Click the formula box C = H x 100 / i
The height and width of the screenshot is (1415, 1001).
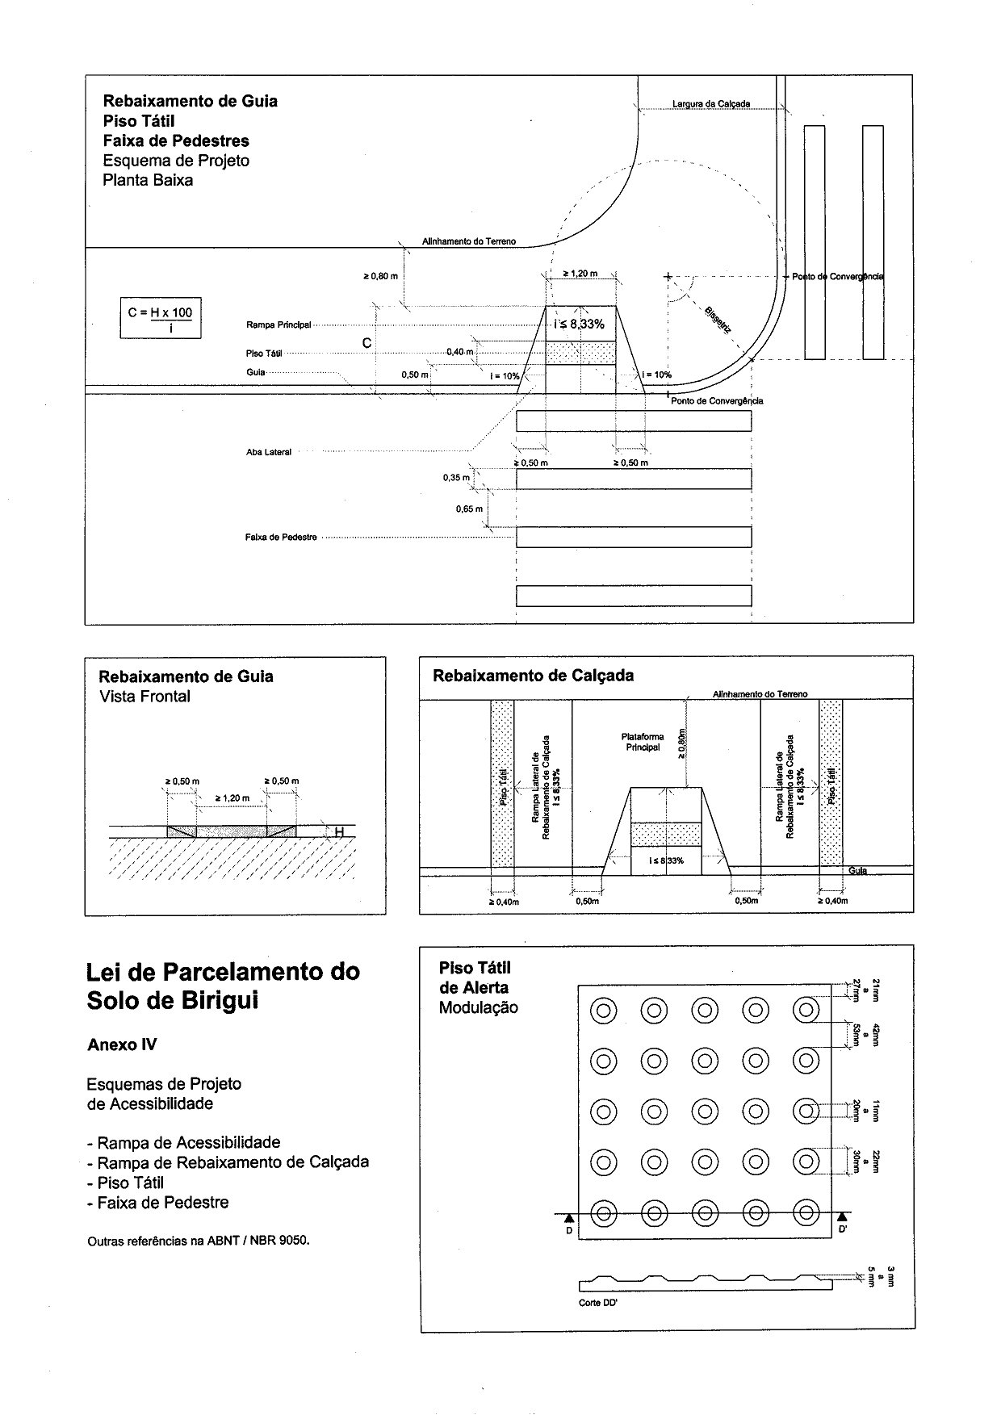tap(160, 319)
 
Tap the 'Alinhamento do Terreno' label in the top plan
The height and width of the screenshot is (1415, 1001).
tap(468, 241)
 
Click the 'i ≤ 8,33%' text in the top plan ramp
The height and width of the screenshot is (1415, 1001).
tap(580, 324)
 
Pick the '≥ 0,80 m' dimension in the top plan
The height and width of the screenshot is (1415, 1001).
tap(380, 277)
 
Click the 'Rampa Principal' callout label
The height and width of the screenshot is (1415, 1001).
tap(279, 325)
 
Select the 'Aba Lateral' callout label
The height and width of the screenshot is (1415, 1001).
tap(269, 453)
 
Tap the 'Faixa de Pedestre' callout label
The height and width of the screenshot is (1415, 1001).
tap(281, 538)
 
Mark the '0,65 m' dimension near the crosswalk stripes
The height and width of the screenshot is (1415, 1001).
tap(469, 509)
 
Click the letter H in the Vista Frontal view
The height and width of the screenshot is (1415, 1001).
tap(339, 832)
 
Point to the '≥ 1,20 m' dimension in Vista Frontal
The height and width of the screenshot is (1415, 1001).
tap(232, 798)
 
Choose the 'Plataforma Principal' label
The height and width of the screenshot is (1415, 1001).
tap(643, 742)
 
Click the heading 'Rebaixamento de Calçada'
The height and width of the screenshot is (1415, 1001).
tap(533, 676)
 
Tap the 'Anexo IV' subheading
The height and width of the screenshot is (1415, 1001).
tap(122, 1045)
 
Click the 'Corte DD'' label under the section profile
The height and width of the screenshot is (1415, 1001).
tap(598, 1304)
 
